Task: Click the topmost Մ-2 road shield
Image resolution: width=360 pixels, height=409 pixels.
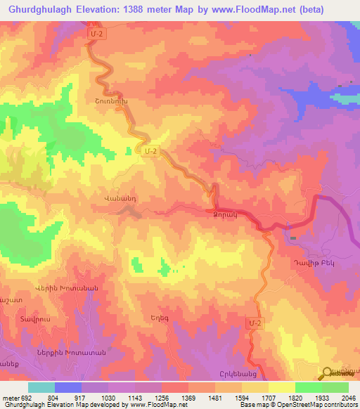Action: (97, 33)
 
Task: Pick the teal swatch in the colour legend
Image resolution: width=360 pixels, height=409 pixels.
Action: (41, 387)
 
